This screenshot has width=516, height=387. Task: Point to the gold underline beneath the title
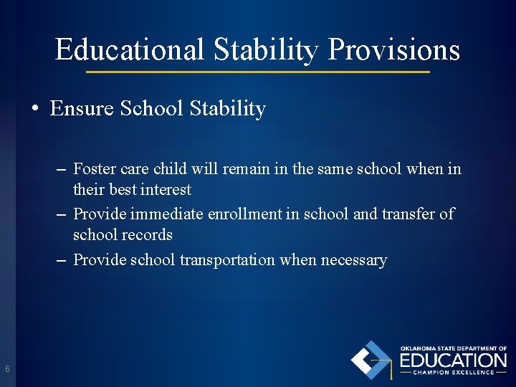click(x=258, y=72)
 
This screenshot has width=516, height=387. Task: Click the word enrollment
click(x=243, y=214)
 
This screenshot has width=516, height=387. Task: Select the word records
click(x=147, y=234)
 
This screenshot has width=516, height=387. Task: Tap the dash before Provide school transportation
click(x=62, y=259)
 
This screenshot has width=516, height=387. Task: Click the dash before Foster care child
click(x=62, y=169)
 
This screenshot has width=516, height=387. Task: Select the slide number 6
click(x=7, y=369)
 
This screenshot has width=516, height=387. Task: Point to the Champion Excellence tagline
click(x=453, y=373)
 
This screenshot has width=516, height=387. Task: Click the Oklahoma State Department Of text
click(x=453, y=348)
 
